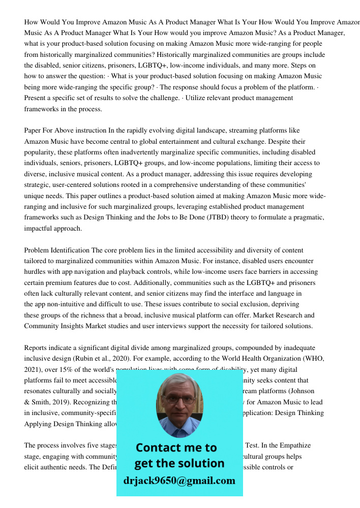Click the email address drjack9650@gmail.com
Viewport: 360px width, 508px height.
tap(179, 481)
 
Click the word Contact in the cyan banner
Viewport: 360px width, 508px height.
tap(159, 448)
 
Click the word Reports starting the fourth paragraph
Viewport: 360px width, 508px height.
tap(37, 348)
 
